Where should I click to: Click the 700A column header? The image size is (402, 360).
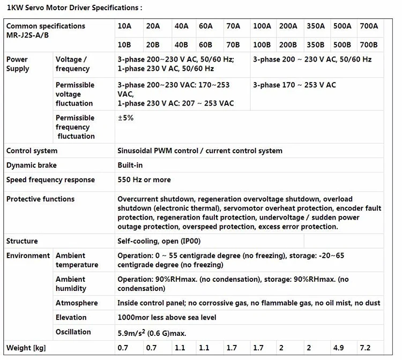369,26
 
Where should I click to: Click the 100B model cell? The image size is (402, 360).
262,45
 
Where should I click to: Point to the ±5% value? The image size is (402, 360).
125,118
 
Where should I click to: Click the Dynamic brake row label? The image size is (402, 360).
31,166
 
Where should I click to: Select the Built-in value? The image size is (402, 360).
130,166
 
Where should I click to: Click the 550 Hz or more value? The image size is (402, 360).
144,180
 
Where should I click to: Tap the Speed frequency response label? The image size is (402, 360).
50,180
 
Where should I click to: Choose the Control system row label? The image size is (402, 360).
32,151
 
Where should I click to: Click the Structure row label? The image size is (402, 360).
22,241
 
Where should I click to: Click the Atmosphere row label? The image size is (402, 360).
77,303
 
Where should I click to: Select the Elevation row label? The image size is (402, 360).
71,318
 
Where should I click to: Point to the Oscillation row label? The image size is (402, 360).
73,332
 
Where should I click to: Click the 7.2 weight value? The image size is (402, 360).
366,348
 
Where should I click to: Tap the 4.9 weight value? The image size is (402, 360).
339,348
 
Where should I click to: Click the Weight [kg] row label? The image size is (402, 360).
26,348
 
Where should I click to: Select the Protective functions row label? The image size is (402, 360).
40,199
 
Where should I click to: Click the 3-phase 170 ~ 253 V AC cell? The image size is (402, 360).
294,85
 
